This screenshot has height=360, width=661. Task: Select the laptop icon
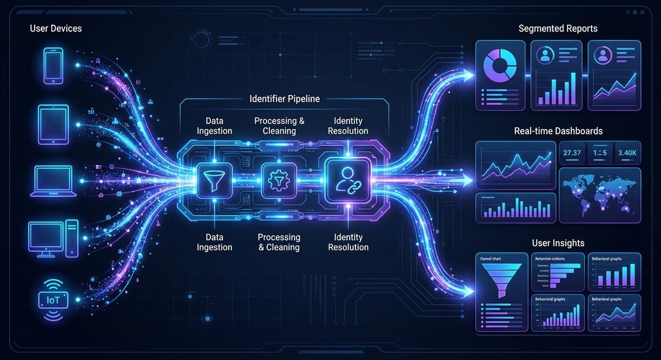53,181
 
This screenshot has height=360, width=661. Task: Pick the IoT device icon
53,300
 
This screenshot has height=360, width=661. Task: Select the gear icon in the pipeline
274,179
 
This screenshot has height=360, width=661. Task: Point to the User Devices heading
56,28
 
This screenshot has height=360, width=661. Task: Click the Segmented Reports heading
558,28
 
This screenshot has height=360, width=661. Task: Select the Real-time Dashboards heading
558,131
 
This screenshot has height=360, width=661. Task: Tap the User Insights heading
558,243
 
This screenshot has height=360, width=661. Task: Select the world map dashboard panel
600,195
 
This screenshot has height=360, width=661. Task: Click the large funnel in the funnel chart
501,279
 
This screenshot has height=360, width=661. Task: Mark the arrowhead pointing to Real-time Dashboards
468,179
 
